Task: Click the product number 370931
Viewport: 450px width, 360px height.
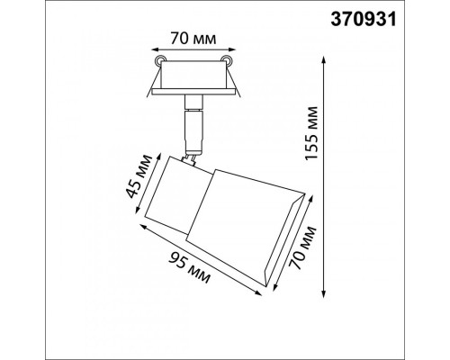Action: click(364, 20)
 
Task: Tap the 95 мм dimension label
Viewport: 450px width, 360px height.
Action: click(189, 268)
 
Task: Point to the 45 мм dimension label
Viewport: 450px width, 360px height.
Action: click(139, 176)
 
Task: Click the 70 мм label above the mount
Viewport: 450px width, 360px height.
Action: click(193, 39)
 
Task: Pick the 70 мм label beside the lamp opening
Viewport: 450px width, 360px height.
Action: click(302, 247)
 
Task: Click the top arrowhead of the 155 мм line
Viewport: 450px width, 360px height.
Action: click(323, 60)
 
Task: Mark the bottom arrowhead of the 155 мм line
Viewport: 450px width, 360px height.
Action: click(323, 293)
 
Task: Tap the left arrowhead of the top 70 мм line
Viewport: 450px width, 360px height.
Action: click(155, 49)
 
